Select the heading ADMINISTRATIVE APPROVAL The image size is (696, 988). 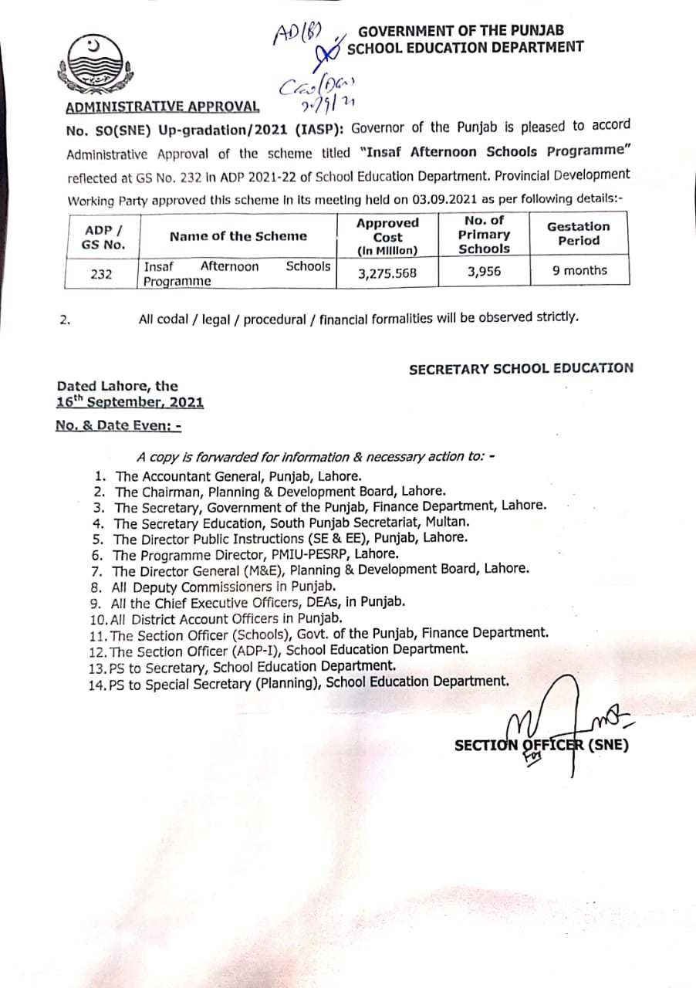162,107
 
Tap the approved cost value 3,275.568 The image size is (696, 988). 389,272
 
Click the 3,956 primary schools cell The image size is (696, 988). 485,271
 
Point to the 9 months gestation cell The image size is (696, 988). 579,270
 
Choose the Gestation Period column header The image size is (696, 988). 578,233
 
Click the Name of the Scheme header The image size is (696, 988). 238,236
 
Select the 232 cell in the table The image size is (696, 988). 101,272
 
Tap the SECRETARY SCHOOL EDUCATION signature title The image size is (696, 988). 521,369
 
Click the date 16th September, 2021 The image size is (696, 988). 130,402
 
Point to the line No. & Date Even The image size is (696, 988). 118,425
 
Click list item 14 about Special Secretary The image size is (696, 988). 309,682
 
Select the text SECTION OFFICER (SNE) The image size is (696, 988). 542,745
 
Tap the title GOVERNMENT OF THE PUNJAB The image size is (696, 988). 461,31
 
